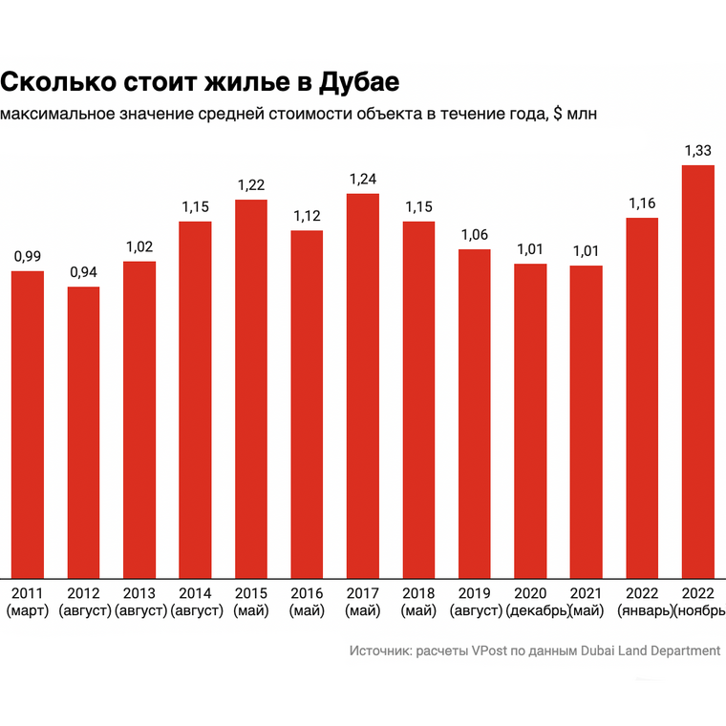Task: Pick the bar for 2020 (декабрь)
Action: click(x=530, y=419)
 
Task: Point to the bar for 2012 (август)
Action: click(x=83, y=431)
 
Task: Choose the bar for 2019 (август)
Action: click(x=475, y=412)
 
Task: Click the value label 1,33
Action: click(x=698, y=150)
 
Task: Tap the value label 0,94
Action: click(x=83, y=271)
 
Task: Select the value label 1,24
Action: click(x=363, y=179)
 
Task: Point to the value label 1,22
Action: click(x=251, y=184)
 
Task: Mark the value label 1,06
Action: click(x=475, y=234)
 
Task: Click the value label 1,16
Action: click(x=642, y=203)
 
